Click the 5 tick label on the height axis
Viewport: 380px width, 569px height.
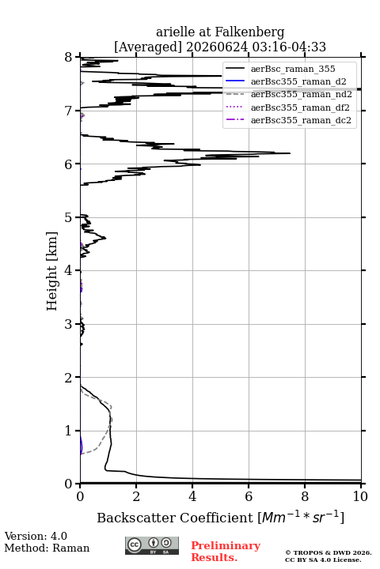[x=68, y=218]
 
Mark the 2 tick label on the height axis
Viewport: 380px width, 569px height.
[x=68, y=378]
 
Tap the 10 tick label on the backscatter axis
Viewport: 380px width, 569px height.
[x=360, y=496]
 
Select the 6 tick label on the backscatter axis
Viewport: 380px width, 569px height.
[x=249, y=496]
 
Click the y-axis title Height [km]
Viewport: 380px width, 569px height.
[x=51, y=271]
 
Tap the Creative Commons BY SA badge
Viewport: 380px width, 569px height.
[x=152, y=546]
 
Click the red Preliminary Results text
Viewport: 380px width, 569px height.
[x=226, y=552]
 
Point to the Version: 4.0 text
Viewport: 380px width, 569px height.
[x=36, y=536]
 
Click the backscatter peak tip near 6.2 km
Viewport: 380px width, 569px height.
[x=290, y=153]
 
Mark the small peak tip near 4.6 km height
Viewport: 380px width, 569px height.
[x=105, y=238]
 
